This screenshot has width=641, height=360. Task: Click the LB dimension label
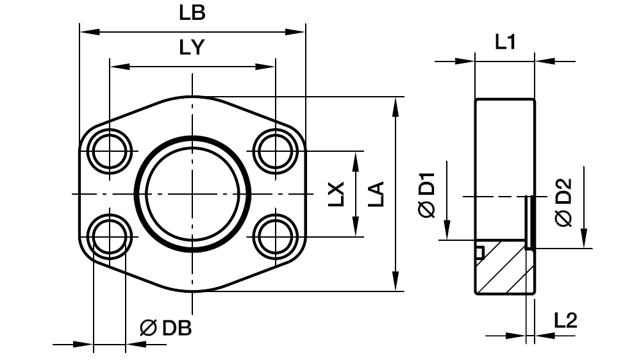click(x=192, y=13)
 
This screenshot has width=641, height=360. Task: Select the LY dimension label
click(x=192, y=48)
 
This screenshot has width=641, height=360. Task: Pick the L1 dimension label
click(x=505, y=43)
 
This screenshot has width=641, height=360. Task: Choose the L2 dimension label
click(x=565, y=320)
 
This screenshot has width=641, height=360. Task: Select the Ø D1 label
click(x=428, y=193)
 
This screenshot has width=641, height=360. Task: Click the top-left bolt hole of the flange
click(x=110, y=151)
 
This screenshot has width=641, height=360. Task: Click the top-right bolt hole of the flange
click(x=275, y=151)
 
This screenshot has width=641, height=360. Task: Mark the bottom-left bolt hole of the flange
click(x=110, y=237)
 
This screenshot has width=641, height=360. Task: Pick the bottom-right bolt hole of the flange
click(x=275, y=237)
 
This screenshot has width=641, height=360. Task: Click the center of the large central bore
click(x=192, y=194)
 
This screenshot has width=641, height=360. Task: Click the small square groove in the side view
click(x=479, y=252)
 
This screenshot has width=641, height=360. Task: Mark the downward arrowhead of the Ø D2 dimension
click(x=584, y=240)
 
